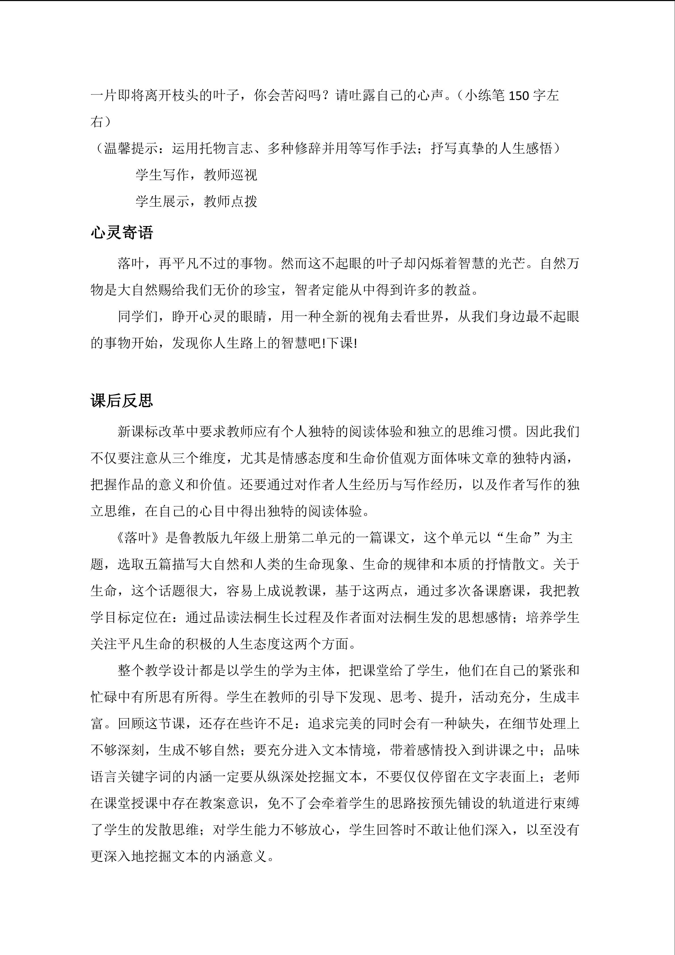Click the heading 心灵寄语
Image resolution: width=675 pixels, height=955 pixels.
click(122, 233)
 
